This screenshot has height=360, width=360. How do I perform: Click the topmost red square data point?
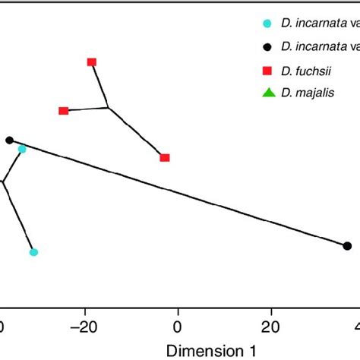point(92,62)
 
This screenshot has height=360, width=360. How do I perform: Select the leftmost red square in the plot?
point(64,111)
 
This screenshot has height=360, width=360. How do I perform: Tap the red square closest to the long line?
point(165,158)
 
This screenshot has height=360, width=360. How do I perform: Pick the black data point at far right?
point(347,245)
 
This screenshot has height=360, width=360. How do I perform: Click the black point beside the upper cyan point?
point(10,140)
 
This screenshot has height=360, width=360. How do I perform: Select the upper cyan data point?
point(22,149)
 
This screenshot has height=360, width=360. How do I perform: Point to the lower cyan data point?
point(33,252)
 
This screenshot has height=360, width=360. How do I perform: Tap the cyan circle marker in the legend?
point(267,23)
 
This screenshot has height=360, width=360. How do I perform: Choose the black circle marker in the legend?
point(267,46)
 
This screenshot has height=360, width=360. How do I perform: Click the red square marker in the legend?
point(267,71)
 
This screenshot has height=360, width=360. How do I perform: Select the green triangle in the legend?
point(267,93)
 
